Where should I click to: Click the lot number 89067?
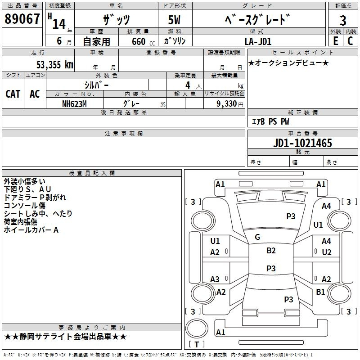click(22, 19)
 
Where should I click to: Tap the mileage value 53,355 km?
click(55, 64)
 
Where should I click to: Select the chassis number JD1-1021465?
click(302, 143)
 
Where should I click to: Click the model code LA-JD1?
click(258, 41)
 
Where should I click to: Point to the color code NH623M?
click(74, 104)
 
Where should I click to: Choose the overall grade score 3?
click(343, 21)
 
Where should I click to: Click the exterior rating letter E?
click(336, 41)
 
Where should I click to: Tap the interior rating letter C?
click(350, 41)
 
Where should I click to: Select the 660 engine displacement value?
click(139, 41)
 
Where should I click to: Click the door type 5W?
click(174, 20)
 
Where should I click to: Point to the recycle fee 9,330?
click(227, 104)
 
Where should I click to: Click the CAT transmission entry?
click(13, 94)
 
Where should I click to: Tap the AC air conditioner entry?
click(35, 94)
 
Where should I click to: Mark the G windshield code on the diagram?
click(257, 237)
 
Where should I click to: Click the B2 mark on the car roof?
click(271, 251)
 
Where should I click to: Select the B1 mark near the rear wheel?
click(320, 292)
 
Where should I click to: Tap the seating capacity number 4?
click(188, 85)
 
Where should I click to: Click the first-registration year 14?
click(59, 24)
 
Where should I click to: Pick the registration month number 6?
click(59, 41)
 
